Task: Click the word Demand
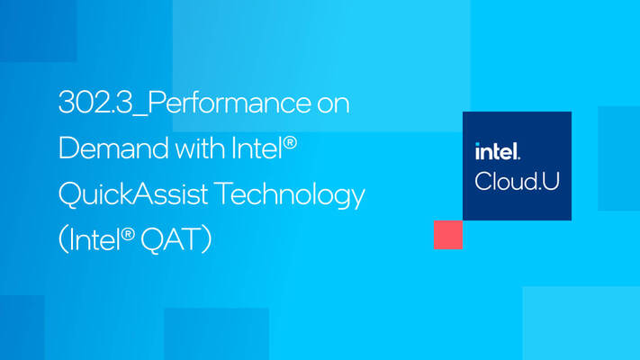(x=101, y=148)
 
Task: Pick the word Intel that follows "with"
(x=248, y=148)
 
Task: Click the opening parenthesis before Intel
(x=64, y=239)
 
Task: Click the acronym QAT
(x=171, y=239)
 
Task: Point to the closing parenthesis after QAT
(x=207, y=239)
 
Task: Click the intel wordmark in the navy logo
(x=498, y=151)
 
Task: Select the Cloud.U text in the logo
(x=517, y=180)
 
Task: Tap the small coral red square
(x=447, y=235)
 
